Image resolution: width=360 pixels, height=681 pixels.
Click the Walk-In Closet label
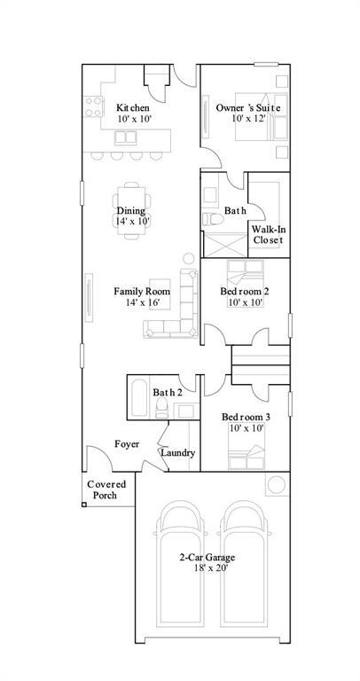(268, 234)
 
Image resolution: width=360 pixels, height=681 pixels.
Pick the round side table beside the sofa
(188, 259)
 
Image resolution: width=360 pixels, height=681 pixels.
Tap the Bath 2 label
(167, 392)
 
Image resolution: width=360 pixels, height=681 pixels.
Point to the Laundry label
(177, 453)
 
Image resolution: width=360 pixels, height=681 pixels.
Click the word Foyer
(126, 443)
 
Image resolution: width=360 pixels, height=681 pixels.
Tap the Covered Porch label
(106, 489)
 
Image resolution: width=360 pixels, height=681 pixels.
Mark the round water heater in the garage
(276, 484)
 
